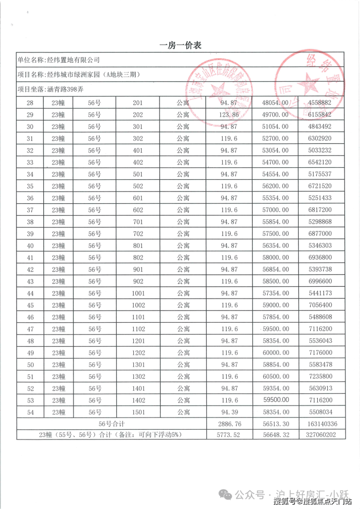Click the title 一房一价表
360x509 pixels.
tap(180, 45)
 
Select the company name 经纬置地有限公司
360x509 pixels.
tap(72, 60)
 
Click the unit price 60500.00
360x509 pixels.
tap(275, 377)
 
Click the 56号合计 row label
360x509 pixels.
tap(112, 424)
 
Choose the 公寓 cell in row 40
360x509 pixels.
tap(183, 246)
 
